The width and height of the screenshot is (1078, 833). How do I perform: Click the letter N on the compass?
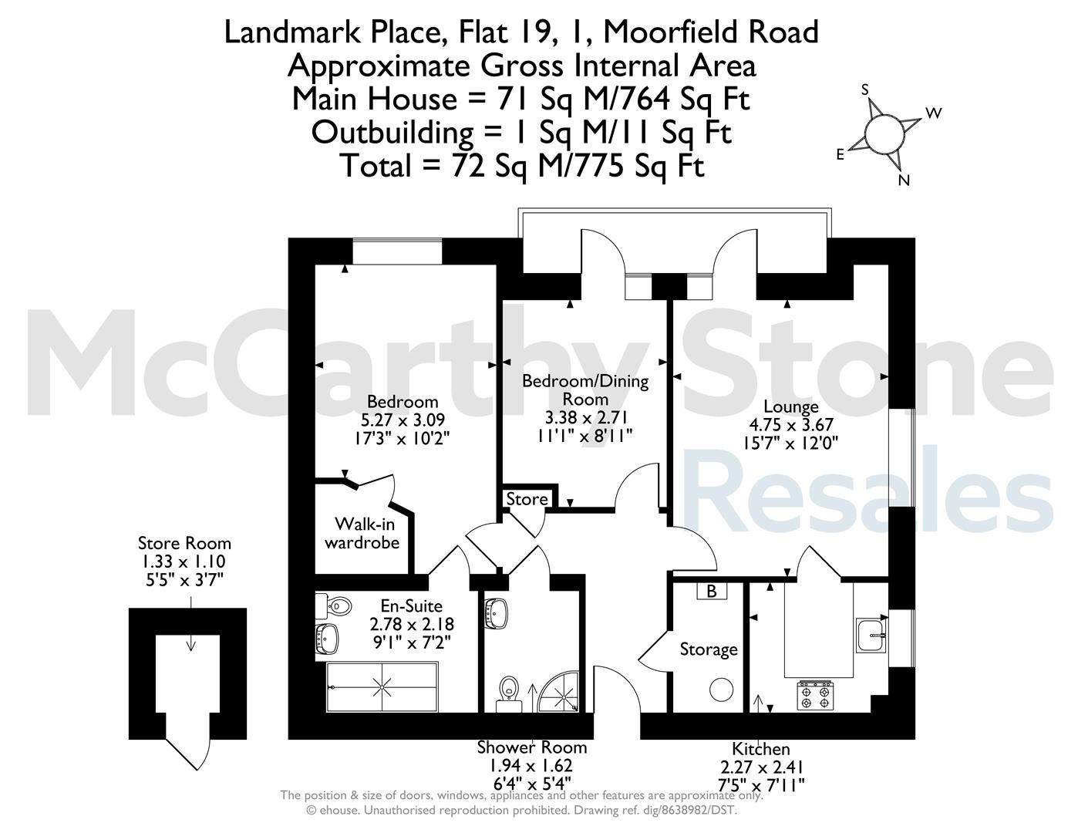click(x=904, y=180)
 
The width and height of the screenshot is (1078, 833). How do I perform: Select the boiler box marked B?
click(x=712, y=591)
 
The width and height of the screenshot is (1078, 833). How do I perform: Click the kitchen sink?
click(x=871, y=635)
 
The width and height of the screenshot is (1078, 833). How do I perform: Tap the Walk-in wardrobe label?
click(x=362, y=533)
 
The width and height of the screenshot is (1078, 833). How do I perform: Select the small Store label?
click(x=527, y=498)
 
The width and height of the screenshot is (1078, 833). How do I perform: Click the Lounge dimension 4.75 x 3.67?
click(x=791, y=425)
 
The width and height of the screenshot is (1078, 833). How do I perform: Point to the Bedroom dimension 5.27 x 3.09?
click(x=403, y=420)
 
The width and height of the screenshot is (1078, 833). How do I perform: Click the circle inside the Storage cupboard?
click(x=721, y=690)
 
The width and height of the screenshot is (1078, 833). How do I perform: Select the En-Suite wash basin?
click(x=328, y=639)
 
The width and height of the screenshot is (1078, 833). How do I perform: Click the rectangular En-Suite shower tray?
click(x=382, y=686)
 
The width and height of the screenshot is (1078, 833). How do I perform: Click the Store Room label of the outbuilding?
click(x=184, y=543)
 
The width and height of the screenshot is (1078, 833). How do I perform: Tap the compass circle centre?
click(x=884, y=133)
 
